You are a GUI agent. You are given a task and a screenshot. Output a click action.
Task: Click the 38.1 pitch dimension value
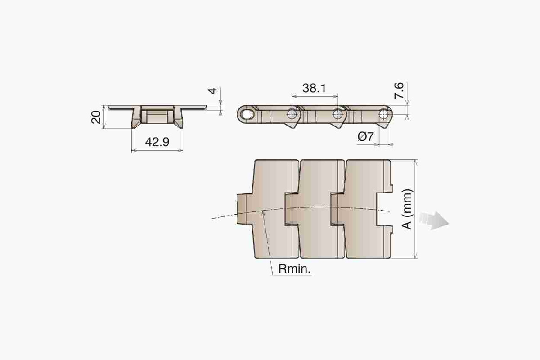click(314, 88)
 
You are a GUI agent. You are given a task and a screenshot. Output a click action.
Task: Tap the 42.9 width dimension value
click(157, 142)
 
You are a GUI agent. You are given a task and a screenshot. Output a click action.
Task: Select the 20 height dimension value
click(96, 117)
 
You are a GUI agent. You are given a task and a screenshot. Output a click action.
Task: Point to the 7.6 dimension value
click(399, 90)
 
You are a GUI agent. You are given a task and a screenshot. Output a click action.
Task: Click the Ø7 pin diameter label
click(366, 137)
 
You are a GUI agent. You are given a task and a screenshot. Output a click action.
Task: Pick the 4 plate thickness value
click(212, 91)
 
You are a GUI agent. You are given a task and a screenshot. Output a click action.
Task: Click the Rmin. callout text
click(295, 269)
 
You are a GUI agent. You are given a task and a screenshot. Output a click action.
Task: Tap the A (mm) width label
click(407, 209)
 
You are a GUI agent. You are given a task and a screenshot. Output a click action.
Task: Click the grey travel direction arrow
click(434, 220)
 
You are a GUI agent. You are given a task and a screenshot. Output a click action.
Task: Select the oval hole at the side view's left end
click(247, 115)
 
